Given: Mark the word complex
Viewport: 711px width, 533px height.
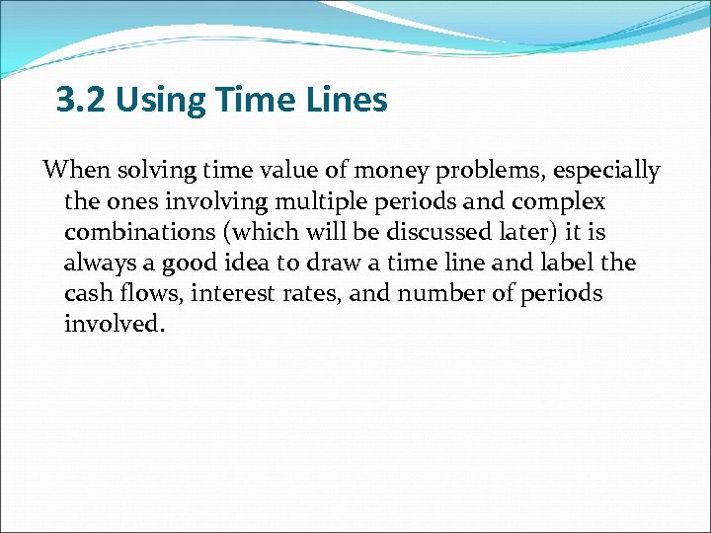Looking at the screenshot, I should [560, 202].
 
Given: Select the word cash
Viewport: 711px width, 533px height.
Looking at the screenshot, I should [87, 294].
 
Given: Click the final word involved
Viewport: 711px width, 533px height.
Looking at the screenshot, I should [111, 325].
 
